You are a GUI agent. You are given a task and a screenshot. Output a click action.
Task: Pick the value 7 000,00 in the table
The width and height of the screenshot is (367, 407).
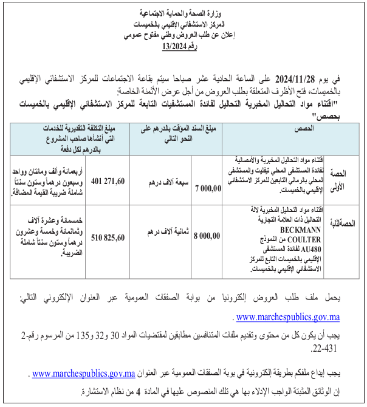(x=210, y=189)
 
